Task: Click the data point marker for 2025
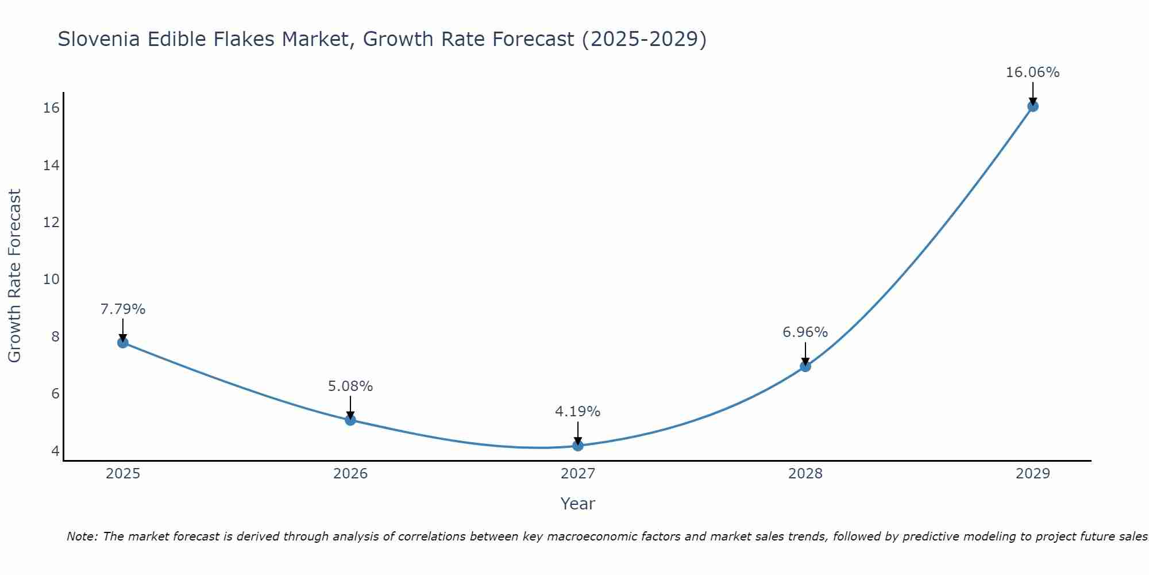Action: click(123, 343)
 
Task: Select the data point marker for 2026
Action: click(350, 420)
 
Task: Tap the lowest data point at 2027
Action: click(578, 446)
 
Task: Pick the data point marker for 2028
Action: click(805, 366)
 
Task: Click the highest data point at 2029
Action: click(1033, 106)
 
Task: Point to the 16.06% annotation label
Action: click(1032, 72)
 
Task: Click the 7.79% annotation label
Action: click(123, 309)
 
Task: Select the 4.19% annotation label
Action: click(577, 412)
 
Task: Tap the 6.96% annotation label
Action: click(805, 332)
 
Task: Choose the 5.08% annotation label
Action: click(350, 386)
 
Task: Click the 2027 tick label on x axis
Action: click(578, 474)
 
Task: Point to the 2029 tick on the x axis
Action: click(1033, 474)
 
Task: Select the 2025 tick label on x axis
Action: click(123, 474)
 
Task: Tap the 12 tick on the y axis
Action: click(52, 223)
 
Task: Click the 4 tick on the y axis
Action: click(55, 451)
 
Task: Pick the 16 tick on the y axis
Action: click(52, 108)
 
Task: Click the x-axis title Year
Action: click(577, 504)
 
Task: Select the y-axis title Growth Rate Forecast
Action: click(14, 276)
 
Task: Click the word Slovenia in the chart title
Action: click(99, 39)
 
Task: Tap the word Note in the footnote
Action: click(82, 536)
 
